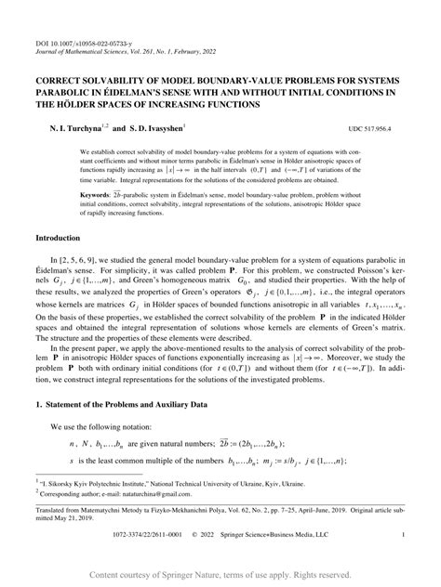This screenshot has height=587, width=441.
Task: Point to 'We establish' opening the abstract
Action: click(100, 150)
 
